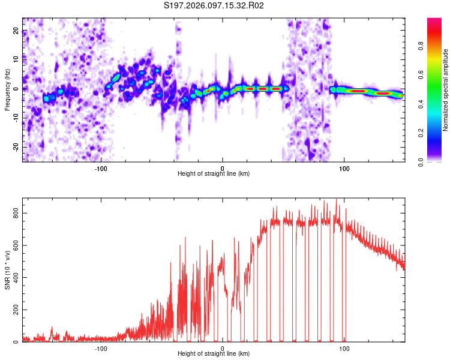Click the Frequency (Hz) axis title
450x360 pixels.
7,90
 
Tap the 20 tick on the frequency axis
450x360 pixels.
17,31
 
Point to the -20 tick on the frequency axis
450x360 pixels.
16,147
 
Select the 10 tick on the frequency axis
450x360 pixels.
17,59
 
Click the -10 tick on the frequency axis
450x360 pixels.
16,118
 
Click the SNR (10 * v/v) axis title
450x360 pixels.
7,270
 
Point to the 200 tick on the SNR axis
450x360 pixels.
14,310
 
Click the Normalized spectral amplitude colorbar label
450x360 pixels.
445,90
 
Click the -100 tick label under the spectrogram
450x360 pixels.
100,168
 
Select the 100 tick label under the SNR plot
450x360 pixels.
344,348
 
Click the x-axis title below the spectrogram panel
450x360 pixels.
214,174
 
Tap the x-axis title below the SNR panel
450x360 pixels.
214,354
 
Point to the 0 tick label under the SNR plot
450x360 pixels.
223,348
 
